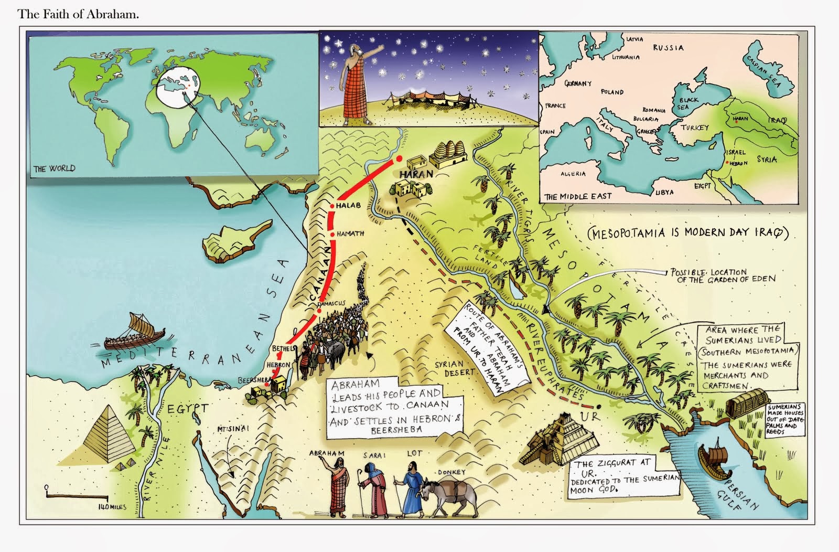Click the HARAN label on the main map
(414, 174)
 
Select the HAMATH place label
(350, 233)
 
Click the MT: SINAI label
(233, 429)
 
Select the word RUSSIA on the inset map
(668, 48)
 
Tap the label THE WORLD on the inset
(54, 168)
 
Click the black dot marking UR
(598, 406)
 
